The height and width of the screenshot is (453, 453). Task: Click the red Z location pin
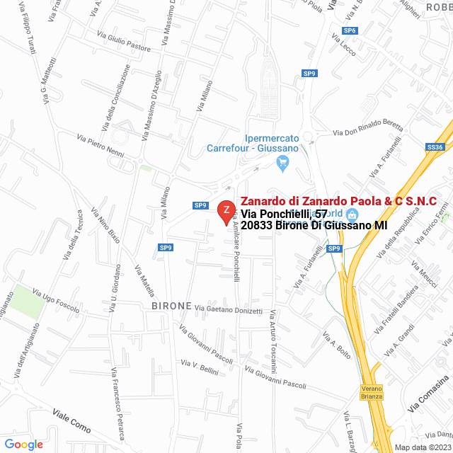226,211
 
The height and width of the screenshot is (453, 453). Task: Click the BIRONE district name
171,306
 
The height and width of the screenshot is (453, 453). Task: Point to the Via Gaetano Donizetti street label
228,310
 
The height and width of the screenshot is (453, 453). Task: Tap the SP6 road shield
349,30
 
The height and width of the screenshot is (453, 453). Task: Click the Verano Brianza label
372,392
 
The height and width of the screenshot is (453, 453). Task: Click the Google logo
23,444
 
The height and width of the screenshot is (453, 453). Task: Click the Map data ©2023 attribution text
421,447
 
